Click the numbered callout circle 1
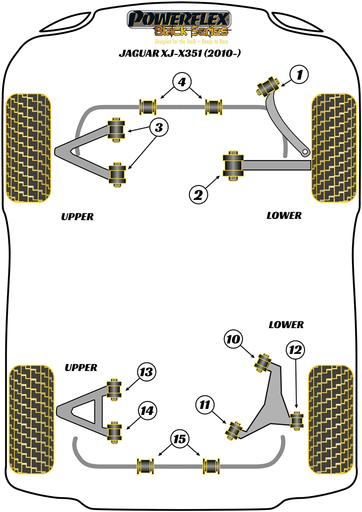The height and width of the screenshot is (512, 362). pos(299,75)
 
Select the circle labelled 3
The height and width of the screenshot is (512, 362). pos(158,128)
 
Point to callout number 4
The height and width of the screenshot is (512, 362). pos(182,82)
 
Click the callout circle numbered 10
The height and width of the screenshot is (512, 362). pos(233,340)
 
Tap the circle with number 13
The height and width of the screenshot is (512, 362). pos(146,372)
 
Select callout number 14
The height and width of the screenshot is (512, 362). pos(146,411)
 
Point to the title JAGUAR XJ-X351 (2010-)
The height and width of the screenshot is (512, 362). pos(179,53)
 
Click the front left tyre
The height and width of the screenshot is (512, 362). pos(28,148)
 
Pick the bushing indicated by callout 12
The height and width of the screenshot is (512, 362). pos(298,419)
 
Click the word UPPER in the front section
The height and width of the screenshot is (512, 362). pos(77,216)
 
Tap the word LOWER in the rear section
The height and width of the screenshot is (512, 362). pos(286,324)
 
